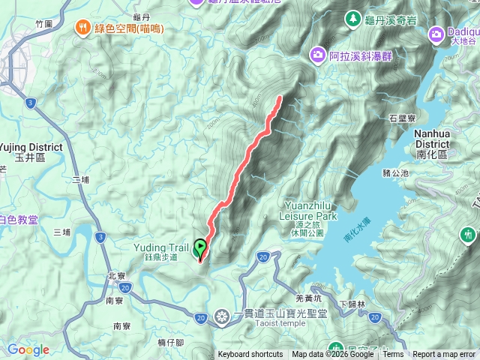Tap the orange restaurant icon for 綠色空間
82,28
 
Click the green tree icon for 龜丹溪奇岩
352,17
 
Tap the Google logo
28,349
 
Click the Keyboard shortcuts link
250,355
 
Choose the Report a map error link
443,355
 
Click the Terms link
393,355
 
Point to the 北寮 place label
116,275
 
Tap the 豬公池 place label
395,172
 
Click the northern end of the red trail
280,97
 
